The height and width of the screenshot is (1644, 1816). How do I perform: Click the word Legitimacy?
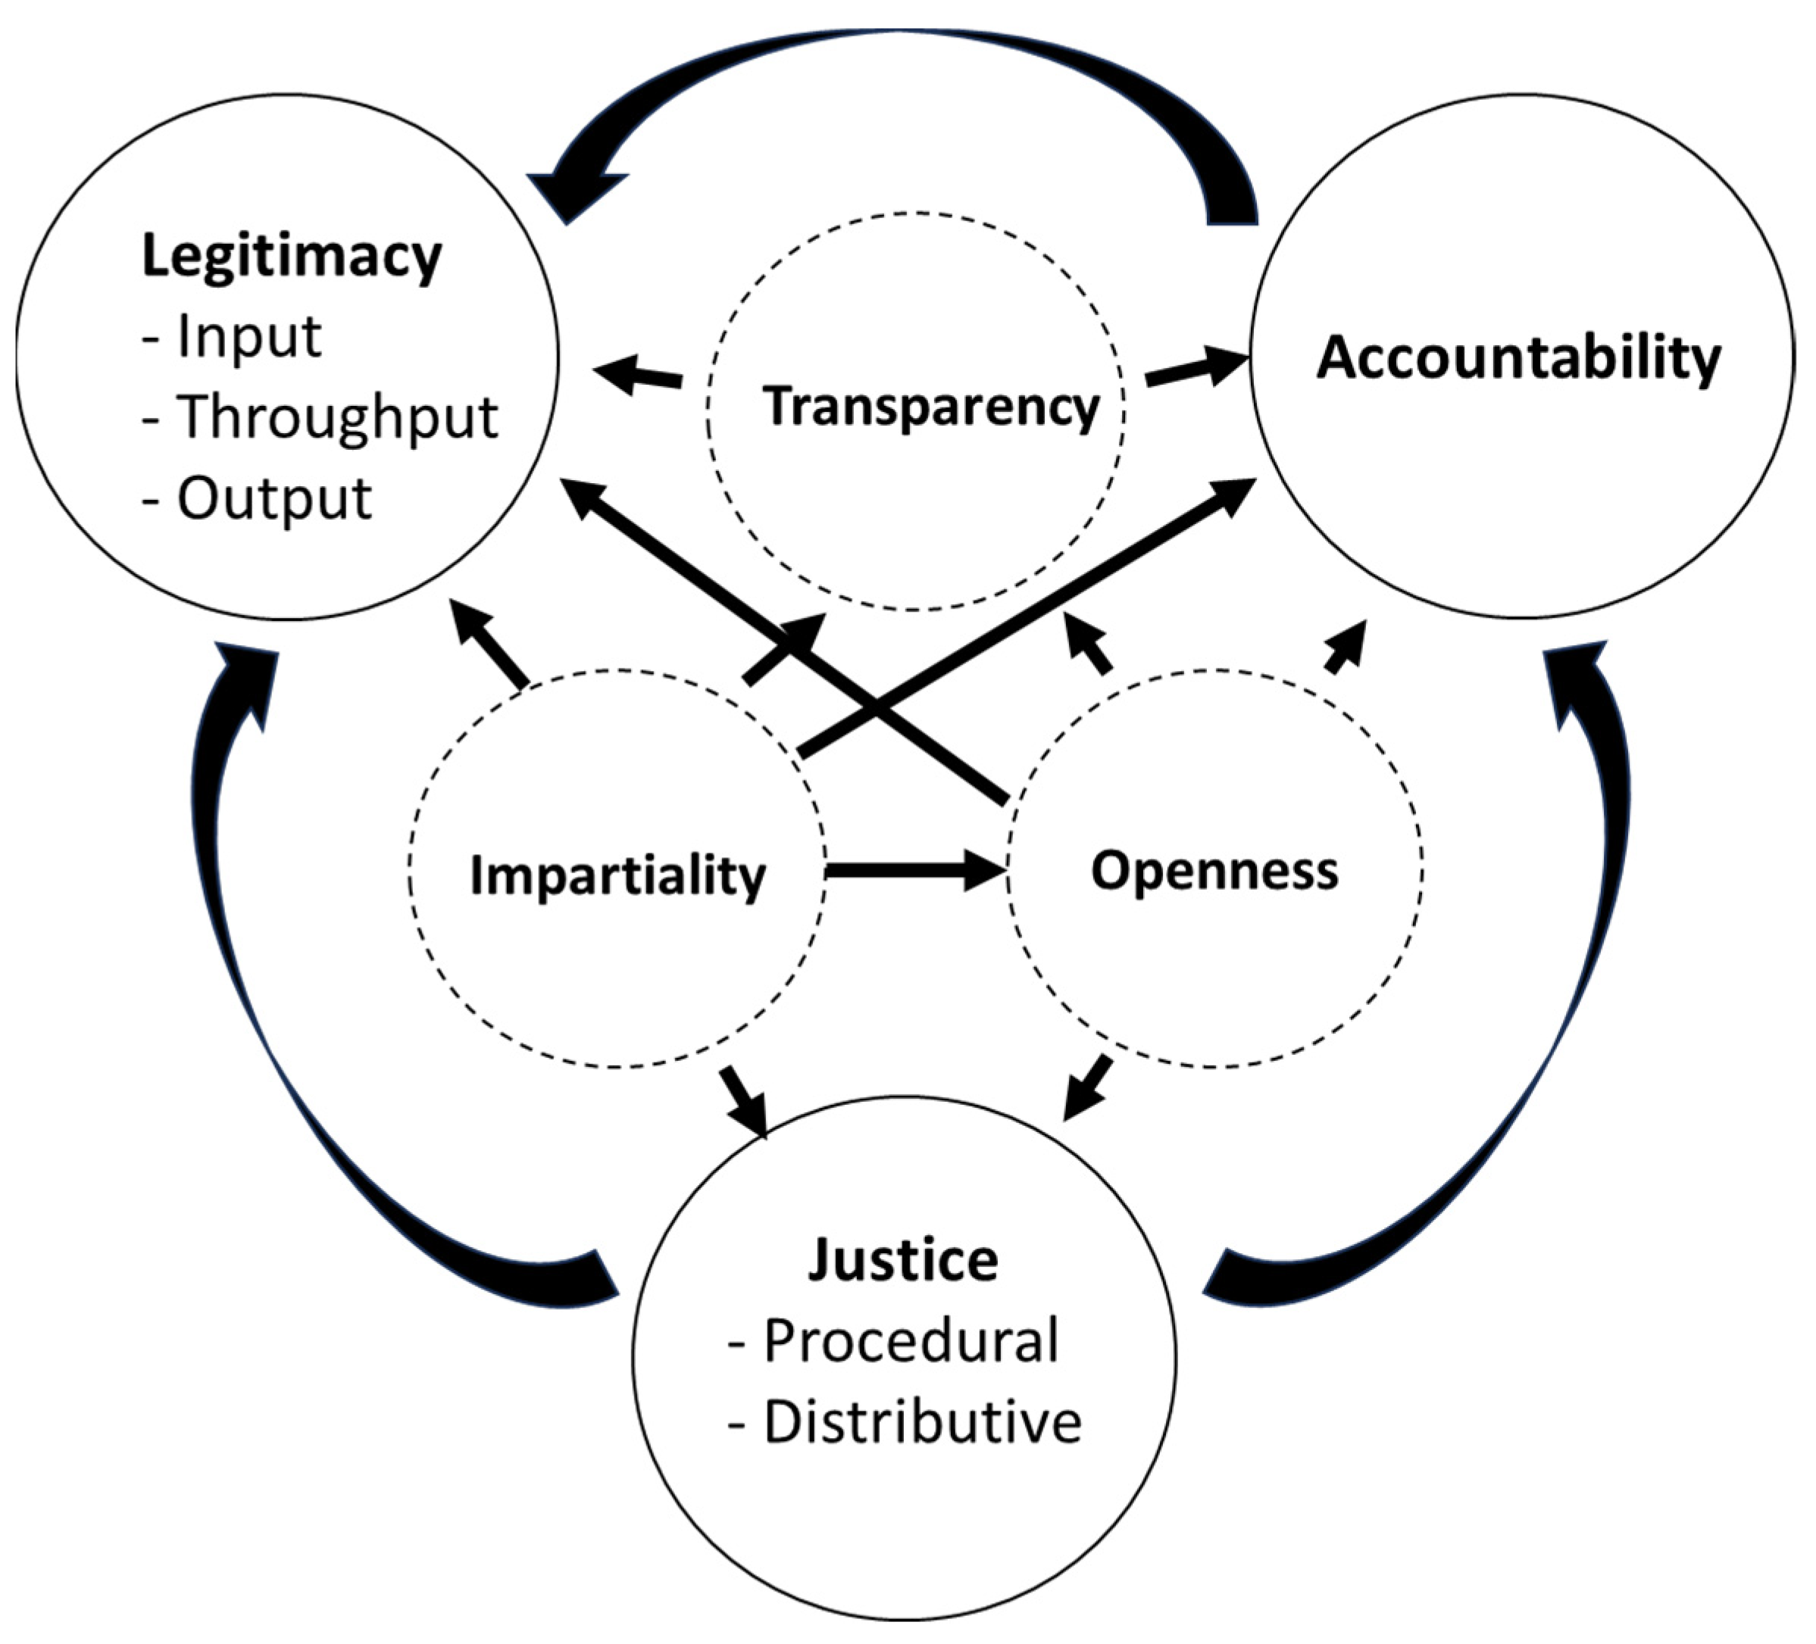click(291, 258)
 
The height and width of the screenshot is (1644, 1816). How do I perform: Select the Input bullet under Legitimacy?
click(248, 337)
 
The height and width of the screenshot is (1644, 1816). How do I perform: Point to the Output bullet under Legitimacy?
click(273, 498)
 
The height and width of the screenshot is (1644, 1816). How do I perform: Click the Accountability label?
click(1519, 358)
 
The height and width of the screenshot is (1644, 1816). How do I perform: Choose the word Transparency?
click(931, 407)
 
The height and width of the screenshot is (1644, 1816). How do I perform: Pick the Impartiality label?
click(618, 875)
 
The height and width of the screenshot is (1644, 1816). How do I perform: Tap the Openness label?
click(1214, 871)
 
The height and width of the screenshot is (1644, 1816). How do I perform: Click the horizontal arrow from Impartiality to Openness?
click(914, 871)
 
